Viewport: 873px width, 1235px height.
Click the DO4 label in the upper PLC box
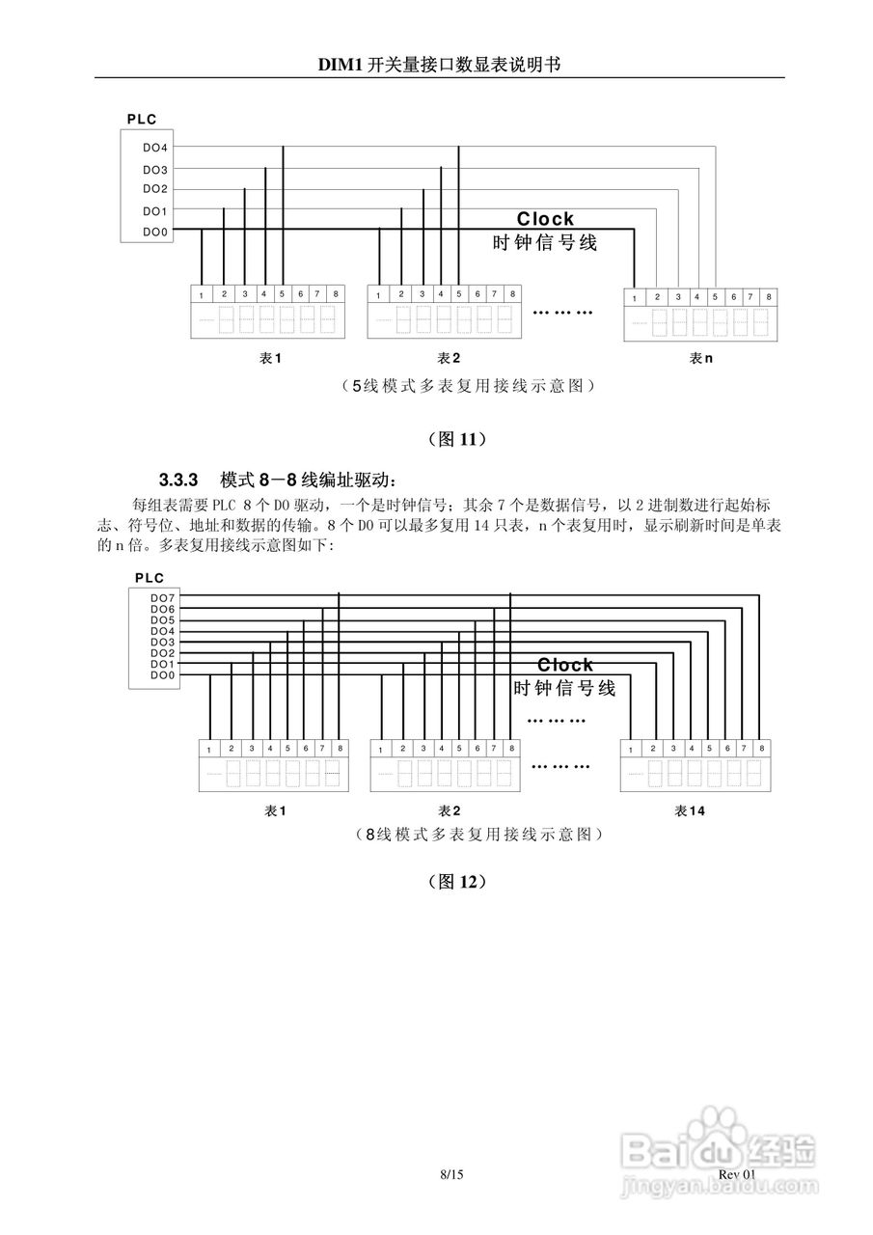pos(154,148)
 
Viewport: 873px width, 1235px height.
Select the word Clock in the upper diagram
pos(545,219)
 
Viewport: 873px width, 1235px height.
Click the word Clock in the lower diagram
pos(565,665)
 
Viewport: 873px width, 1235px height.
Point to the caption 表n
pos(700,358)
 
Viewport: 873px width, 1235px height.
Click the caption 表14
pos(690,810)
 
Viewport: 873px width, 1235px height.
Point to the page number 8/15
pos(451,1174)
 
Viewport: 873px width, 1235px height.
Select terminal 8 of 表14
pos(762,749)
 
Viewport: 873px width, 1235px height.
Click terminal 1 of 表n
pos(634,297)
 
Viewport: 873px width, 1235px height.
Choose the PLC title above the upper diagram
pos(141,120)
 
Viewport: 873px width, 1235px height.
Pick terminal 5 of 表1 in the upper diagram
pos(283,293)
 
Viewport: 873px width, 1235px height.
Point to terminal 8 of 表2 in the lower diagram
pos(510,749)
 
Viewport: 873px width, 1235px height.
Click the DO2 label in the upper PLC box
pos(154,189)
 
